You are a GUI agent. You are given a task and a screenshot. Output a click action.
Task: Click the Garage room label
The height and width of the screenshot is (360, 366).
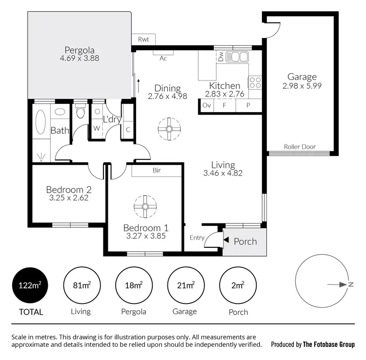pyautogui.click(x=302, y=77)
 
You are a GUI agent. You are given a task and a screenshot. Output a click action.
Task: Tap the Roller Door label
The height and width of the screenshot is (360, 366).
pyautogui.click(x=300, y=147)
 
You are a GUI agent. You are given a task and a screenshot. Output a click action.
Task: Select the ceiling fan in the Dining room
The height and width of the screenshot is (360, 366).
pyautogui.click(x=169, y=129)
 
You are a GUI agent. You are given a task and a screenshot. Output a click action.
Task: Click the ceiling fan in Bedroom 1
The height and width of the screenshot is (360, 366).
pyautogui.click(x=145, y=207)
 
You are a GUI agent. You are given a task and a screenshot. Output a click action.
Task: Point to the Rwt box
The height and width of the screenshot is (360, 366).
pyautogui.click(x=143, y=40)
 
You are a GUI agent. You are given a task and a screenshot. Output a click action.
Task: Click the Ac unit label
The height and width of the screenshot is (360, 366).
pyautogui.click(x=163, y=58)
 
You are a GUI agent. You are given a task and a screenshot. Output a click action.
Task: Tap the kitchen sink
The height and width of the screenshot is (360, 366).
pyautogui.click(x=239, y=57)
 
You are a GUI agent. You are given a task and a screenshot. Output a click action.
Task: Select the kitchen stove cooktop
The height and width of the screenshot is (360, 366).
pyautogui.click(x=255, y=83)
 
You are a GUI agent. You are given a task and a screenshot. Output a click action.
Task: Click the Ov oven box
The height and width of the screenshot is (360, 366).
pyautogui.click(x=206, y=105)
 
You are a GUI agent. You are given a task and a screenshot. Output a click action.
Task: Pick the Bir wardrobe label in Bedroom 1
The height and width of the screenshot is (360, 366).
pyautogui.click(x=157, y=171)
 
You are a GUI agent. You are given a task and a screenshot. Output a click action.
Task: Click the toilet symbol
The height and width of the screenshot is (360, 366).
pyautogui.click(x=80, y=113)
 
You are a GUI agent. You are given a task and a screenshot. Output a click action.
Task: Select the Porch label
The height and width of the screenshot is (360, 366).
pyautogui.click(x=245, y=241)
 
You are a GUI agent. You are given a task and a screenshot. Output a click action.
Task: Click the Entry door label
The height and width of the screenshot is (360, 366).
pyautogui.click(x=197, y=238)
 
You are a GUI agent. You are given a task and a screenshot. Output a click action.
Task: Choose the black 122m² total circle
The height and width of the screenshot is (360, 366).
pyautogui.click(x=30, y=286)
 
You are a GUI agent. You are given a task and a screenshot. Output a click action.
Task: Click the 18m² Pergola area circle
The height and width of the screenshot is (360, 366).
pyautogui.click(x=134, y=286)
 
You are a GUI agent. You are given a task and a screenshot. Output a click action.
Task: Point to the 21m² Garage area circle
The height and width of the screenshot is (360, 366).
pyautogui.click(x=185, y=286)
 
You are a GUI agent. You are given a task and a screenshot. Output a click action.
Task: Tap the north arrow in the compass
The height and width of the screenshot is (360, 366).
pyautogui.click(x=337, y=284)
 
